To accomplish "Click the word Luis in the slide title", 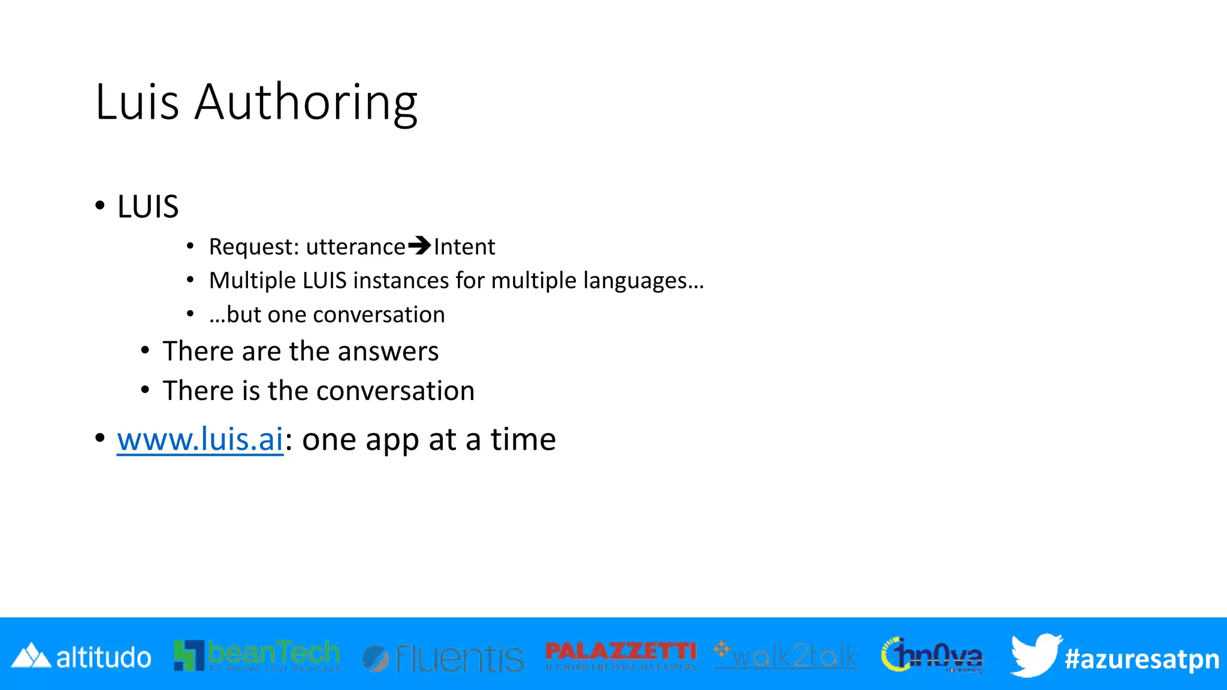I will (x=137, y=102).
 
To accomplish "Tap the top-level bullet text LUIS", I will (x=148, y=207).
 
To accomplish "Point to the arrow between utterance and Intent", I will (x=419, y=246).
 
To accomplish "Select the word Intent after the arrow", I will (x=464, y=247).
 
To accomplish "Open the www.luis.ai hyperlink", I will (x=200, y=440).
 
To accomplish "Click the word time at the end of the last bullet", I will (x=523, y=440).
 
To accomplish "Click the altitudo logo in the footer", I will (x=81, y=657).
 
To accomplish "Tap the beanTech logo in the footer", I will (x=257, y=655).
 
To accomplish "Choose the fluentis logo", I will (x=443, y=658).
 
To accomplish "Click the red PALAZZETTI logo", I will (x=621, y=655).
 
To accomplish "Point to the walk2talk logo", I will (x=785, y=656).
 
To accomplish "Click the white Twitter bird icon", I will (x=1035, y=655).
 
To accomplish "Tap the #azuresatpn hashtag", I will (x=1142, y=659).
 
